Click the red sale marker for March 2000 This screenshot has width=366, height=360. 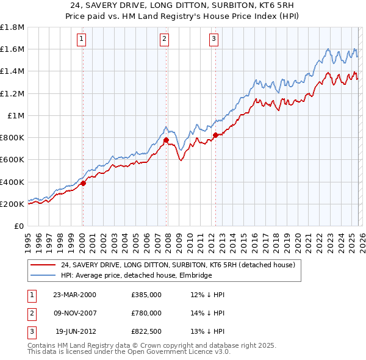pyautogui.click(x=83, y=183)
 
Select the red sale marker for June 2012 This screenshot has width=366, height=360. pyautogui.click(x=215, y=135)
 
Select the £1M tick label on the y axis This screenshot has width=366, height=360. pyautogui.click(x=15, y=116)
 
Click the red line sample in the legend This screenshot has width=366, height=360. pyautogui.click(x=43, y=265)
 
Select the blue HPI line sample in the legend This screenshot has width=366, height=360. pyautogui.click(x=43, y=275)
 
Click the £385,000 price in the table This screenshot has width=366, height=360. pyautogui.click(x=146, y=295)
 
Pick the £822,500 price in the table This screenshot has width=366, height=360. pyautogui.click(x=146, y=331)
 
